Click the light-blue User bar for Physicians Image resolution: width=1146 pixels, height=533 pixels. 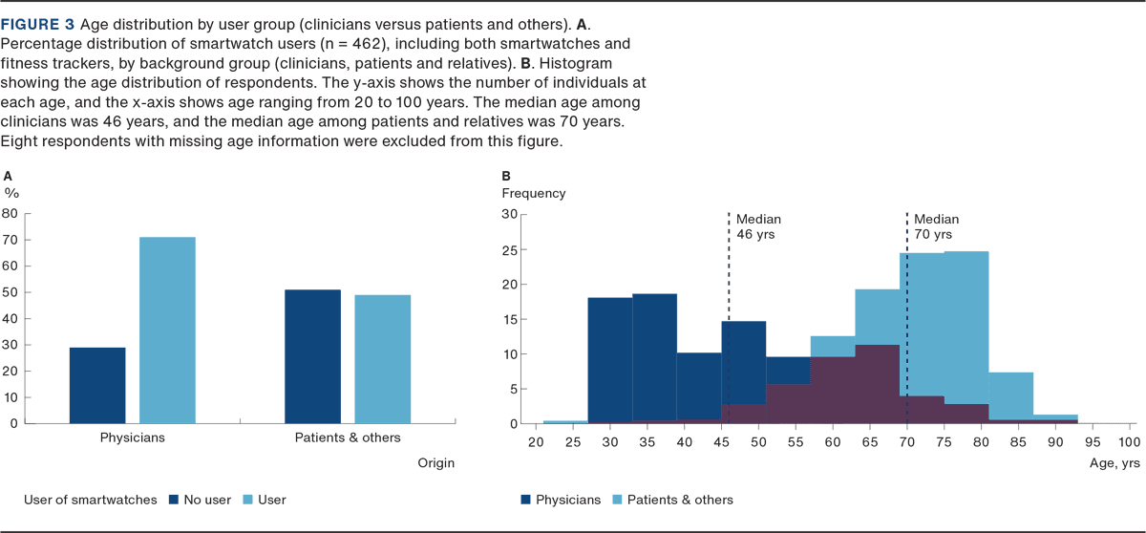[167, 330]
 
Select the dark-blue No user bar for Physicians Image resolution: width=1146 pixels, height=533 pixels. [97, 385]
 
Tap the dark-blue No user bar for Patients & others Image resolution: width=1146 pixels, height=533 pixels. [312, 356]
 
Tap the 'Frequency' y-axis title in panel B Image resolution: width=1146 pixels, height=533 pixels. [533, 193]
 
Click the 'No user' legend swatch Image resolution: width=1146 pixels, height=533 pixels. [174, 499]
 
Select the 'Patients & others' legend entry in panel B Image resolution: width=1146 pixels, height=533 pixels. [678, 499]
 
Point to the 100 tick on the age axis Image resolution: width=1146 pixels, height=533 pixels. [1126, 442]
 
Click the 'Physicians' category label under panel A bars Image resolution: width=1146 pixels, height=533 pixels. [133, 437]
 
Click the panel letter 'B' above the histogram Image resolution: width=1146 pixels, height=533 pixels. [506, 176]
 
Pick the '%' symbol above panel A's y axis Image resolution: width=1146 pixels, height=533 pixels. [11, 192]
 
